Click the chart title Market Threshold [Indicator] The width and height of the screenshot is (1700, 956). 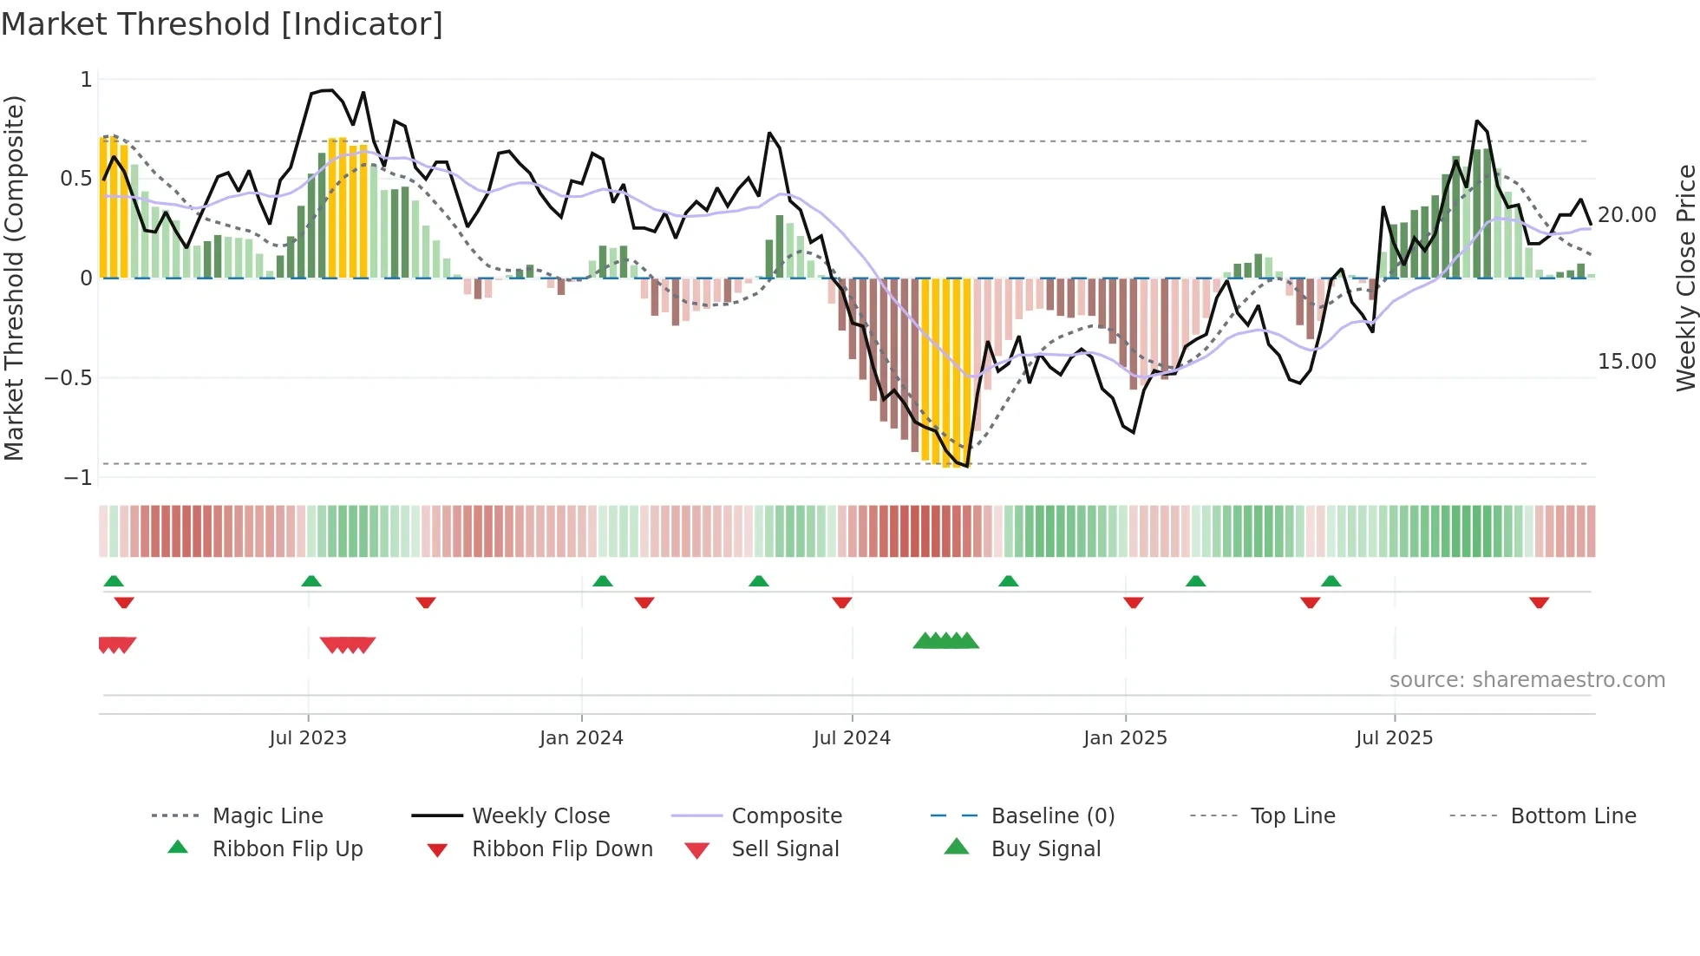click(222, 24)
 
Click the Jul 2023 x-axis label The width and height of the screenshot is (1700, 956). click(308, 738)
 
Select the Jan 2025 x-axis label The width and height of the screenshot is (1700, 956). click(1125, 738)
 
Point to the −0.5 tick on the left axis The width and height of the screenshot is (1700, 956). click(69, 378)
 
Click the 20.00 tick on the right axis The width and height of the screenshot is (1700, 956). click(1626, 214)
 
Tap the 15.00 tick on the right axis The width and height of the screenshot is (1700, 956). click(1626, 362)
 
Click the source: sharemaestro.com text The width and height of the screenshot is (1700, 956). click(1527, 680)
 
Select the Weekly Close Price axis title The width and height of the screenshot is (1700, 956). click(1685, 278)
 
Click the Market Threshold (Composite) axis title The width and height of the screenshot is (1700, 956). click(14, 278)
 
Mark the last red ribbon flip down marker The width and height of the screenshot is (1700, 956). click(1539, 602)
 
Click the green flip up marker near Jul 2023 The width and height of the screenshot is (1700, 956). click(311, 581)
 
